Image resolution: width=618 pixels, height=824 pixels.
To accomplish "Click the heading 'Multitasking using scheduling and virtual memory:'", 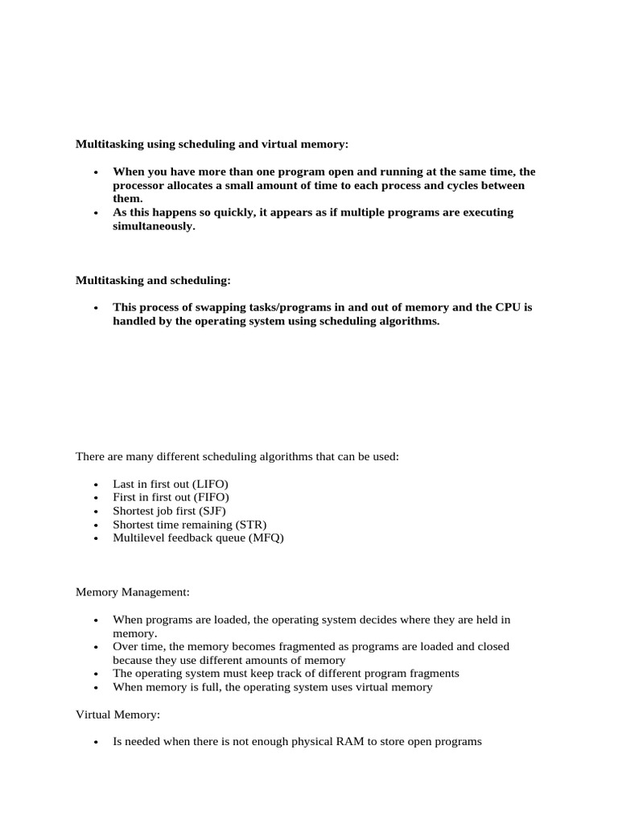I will click(212, 144).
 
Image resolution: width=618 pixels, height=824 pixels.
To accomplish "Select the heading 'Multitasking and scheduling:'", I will click(153, 280).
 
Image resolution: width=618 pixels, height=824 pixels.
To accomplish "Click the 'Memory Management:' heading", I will click(133, 592).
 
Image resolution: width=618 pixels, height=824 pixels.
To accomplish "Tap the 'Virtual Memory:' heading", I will click(118, 714).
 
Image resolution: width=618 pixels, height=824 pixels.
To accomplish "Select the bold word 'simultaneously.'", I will click(154, 226).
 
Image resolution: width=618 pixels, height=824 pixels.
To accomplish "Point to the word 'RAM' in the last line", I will click(336, 741).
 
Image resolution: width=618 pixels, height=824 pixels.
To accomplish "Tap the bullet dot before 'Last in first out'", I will click(95, 484).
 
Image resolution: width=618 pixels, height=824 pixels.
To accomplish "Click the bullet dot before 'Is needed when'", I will click(95, 742).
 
